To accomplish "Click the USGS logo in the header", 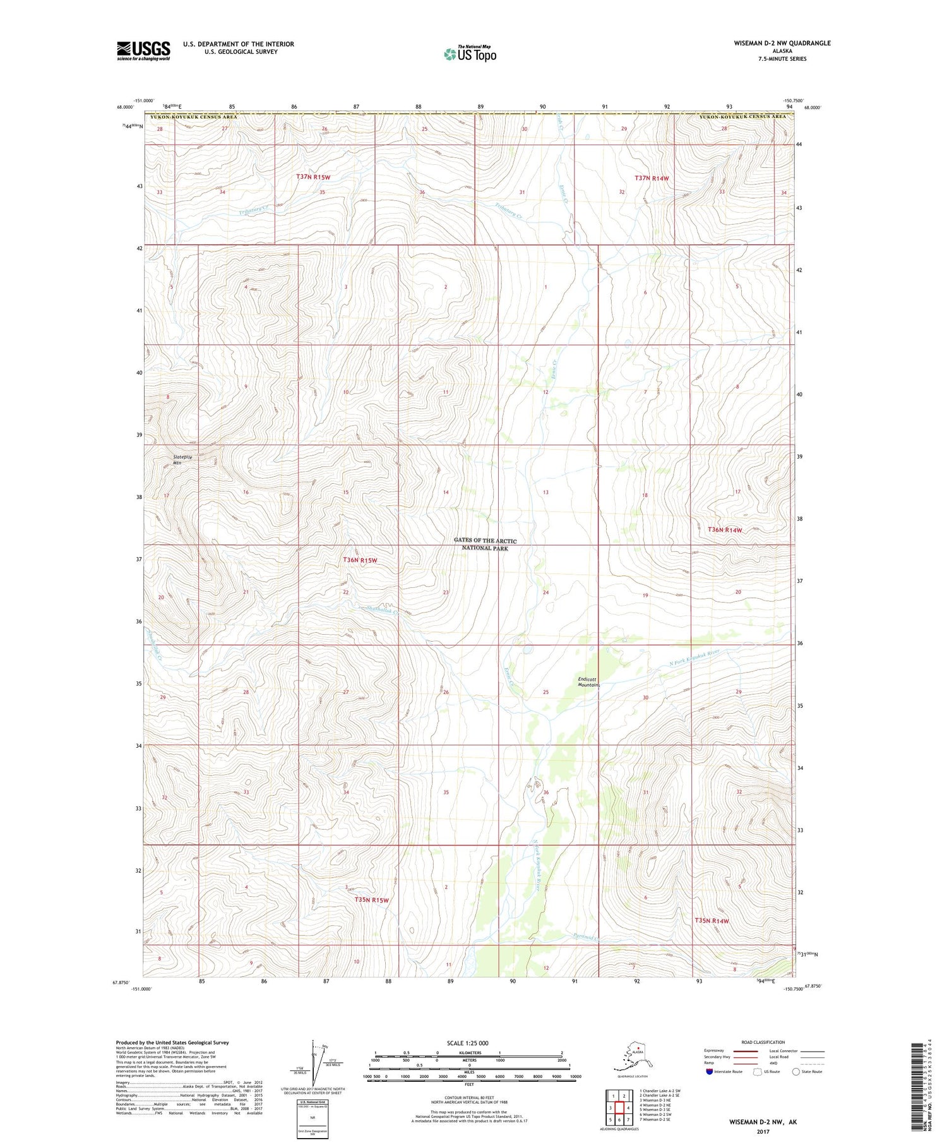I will [x=143, y=51].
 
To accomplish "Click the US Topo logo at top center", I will [x=470, y=54].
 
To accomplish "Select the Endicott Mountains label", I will [x=587, y=682].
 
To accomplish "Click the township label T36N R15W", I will [x=360, y=560].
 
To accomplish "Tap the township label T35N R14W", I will [x=712, y=921].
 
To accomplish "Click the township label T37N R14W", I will [x=652, y=179].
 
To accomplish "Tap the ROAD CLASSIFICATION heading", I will [x=763, y=1042].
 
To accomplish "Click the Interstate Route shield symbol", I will [x=709, y=1072].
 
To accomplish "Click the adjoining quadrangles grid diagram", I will [x=619, y=1103].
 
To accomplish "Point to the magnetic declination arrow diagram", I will [x=314, y=1063].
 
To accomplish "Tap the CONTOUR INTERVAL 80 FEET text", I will [x=469, y=1098].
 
